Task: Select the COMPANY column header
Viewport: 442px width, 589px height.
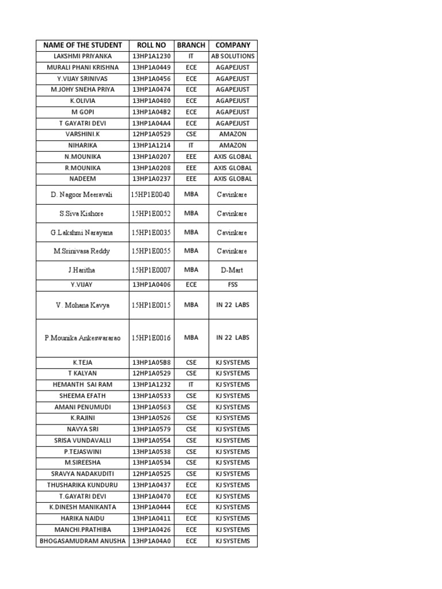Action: click(233, 45)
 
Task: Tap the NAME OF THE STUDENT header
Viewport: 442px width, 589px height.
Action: click(82, 45)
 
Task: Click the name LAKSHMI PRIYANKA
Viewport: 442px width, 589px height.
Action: click(82, 56)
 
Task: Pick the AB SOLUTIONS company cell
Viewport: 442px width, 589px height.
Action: click(233, 56)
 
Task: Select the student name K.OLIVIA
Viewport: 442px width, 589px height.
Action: click(82, 101)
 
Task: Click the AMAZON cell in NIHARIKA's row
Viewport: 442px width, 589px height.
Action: click(233, 146)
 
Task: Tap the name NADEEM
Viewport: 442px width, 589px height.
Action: click(82, 179)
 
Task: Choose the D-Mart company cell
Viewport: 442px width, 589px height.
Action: click(233, 270)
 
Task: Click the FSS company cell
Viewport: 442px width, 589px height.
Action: click(233, 285)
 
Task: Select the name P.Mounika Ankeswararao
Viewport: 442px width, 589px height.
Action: click(82, 338)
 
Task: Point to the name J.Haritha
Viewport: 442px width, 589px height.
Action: click(82, 270)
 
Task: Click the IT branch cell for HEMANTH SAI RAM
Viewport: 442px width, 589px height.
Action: click(191, 385)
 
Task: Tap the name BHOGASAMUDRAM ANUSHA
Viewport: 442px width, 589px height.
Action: click(82, 541)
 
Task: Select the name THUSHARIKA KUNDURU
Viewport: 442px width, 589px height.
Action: click(82, 485)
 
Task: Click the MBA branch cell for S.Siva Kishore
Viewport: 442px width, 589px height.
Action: click(191, 213)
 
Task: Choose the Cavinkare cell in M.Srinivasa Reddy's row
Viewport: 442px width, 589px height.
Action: click(233, 251)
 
